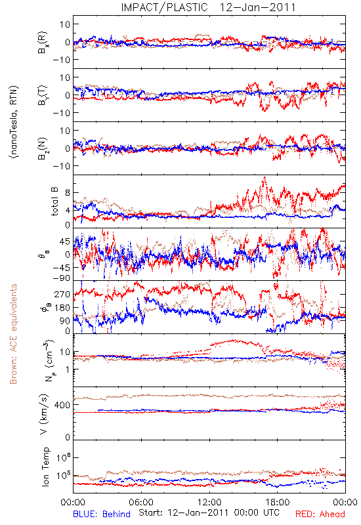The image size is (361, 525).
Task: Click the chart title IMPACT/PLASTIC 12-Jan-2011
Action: [208, 7]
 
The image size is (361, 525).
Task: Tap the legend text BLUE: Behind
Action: [102, 514]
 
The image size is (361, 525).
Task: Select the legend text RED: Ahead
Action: [320, 514]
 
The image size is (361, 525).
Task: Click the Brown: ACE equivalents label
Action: [13, 334]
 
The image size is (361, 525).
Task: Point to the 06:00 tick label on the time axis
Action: [141, 502]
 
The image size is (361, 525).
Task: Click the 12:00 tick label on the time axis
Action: [209, 502]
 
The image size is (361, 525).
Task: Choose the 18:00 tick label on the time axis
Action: [278, 502]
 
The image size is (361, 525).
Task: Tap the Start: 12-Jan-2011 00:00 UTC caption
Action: [209, 513]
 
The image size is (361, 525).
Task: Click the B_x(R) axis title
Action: [43, 43]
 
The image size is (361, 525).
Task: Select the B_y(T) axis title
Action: [43, 95]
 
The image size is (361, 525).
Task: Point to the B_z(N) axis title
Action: [43, 148]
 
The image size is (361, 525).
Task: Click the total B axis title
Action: [54, 201]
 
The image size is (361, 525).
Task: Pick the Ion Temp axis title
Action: [45, 467]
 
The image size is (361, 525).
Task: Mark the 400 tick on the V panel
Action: [63, 405]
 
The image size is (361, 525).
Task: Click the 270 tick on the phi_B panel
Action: [63, 294]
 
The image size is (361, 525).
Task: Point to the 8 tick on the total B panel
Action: [68, 192]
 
